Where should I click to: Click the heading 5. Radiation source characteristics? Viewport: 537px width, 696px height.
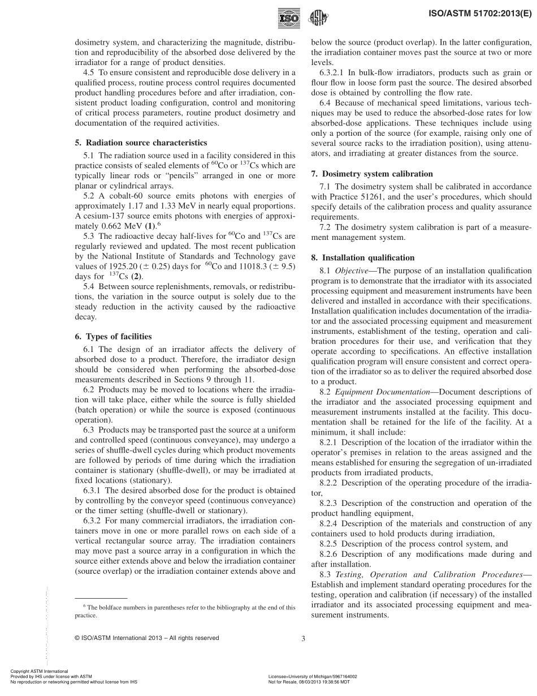coord(141,143)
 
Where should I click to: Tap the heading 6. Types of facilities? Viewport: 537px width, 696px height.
coord(113,336)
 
